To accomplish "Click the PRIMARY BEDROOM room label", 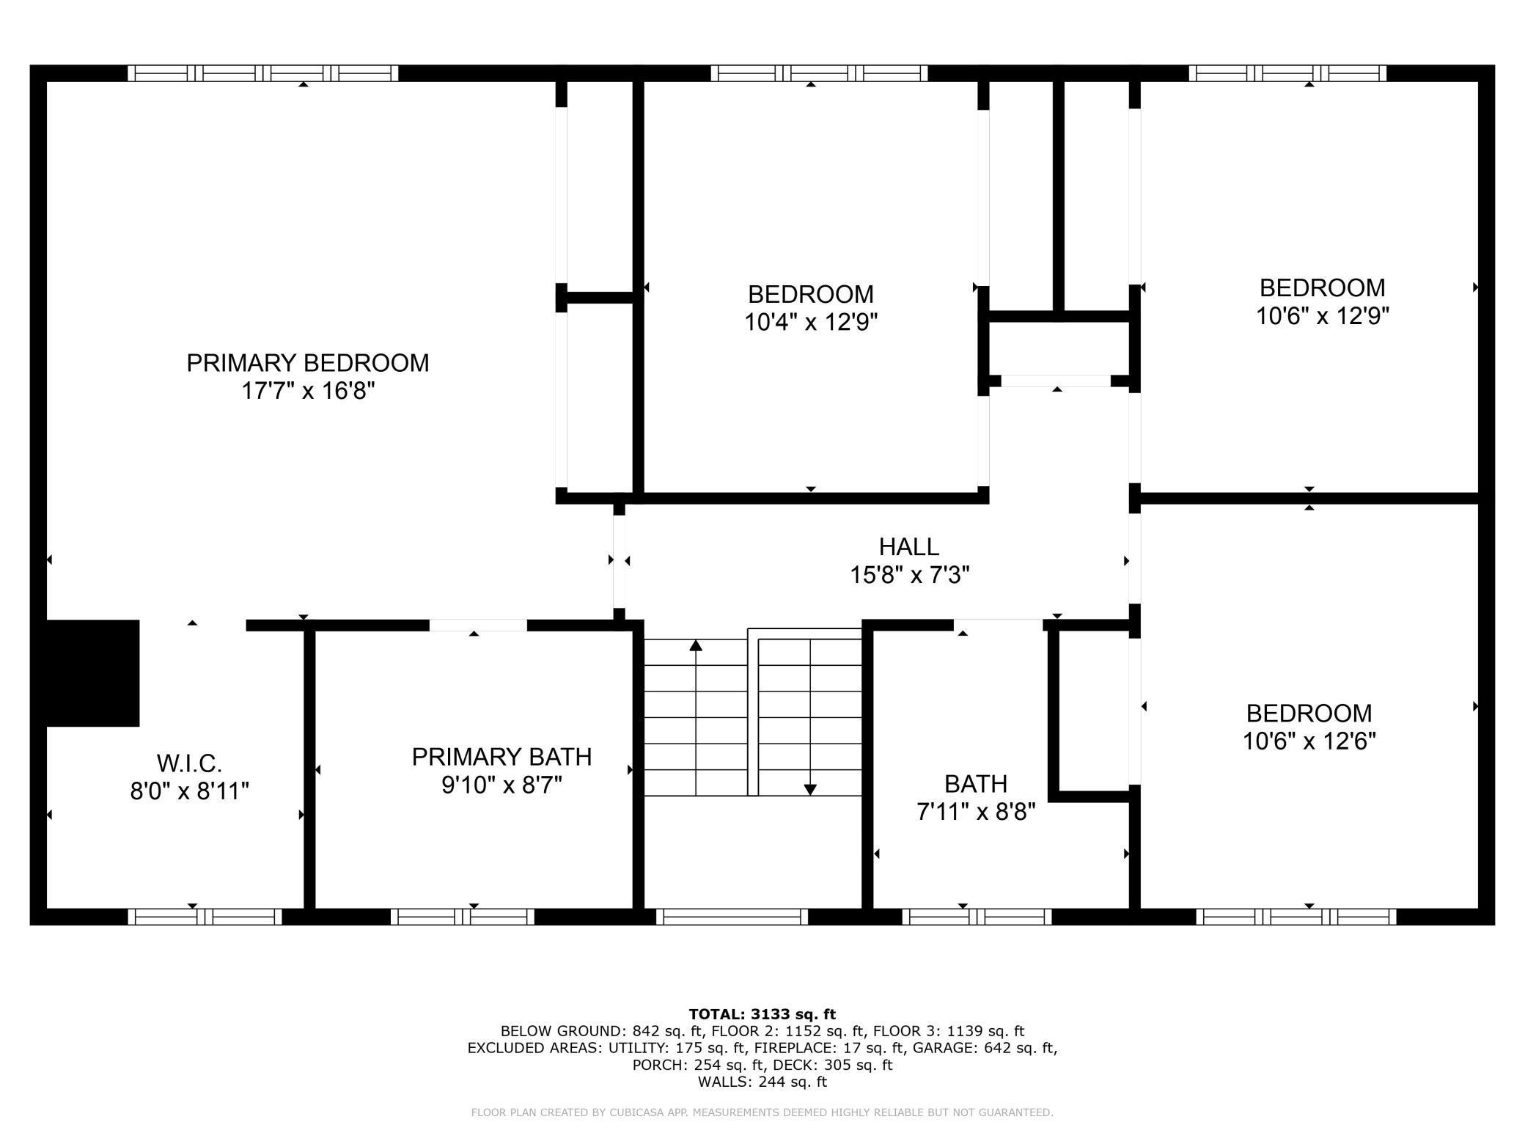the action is (308, 363).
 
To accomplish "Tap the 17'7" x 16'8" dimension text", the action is (308, 391).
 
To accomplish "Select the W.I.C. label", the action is (189, 763).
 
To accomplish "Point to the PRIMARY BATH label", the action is (501, 757).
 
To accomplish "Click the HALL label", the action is (909, 546).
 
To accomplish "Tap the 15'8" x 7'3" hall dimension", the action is (909, 575).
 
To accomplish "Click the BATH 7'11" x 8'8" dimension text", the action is (976, 812).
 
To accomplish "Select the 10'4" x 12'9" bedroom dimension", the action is (811, 322).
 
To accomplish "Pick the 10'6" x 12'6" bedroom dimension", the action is (1309, 741).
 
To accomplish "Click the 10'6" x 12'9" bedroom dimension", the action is (1323, 315).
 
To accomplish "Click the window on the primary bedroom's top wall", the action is (263, 73).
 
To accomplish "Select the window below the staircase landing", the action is (732, 917).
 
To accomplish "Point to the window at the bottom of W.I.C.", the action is (205, 917).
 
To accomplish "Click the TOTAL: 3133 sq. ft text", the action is (762, 1014).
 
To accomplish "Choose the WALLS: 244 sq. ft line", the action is (762, 1082).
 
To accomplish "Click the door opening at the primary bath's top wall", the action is (478, 626).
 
